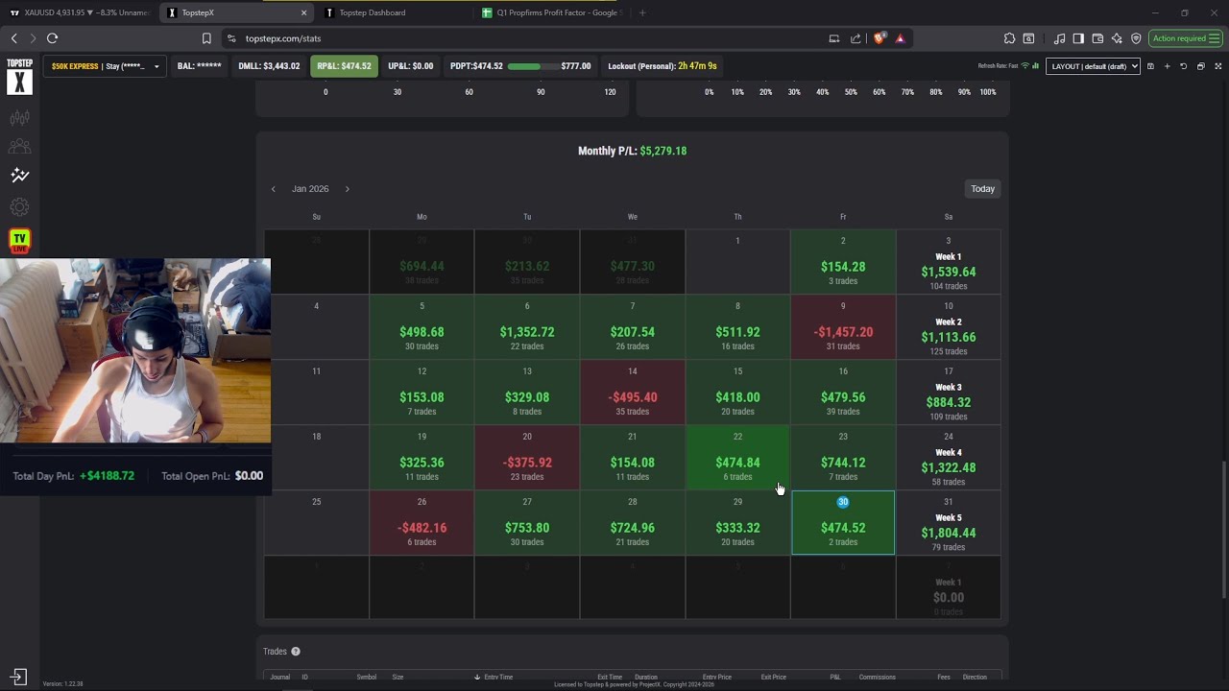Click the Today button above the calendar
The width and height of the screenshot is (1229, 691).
(982, 189)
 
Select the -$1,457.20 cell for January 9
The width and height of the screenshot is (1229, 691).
(842, 332)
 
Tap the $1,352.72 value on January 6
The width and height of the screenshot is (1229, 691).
(526, 332)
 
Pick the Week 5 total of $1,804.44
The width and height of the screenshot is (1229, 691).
(948, 533)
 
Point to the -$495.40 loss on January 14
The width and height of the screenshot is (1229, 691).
(632, 397)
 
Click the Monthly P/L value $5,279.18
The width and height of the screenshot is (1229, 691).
(663, 151)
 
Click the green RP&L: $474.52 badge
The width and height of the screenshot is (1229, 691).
(344, 66)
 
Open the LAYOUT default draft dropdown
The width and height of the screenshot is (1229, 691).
(1093, 66)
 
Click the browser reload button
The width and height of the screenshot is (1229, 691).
(52, 38)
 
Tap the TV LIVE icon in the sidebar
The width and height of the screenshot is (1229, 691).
(19, 241)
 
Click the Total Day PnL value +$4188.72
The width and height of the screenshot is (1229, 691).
(107, 476)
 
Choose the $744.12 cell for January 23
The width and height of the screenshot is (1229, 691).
(842, 463)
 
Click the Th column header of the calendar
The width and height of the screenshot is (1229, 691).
(737, 217)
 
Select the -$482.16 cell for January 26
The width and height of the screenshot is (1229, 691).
(422, 528)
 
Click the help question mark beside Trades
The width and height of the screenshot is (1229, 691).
(296, 652)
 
